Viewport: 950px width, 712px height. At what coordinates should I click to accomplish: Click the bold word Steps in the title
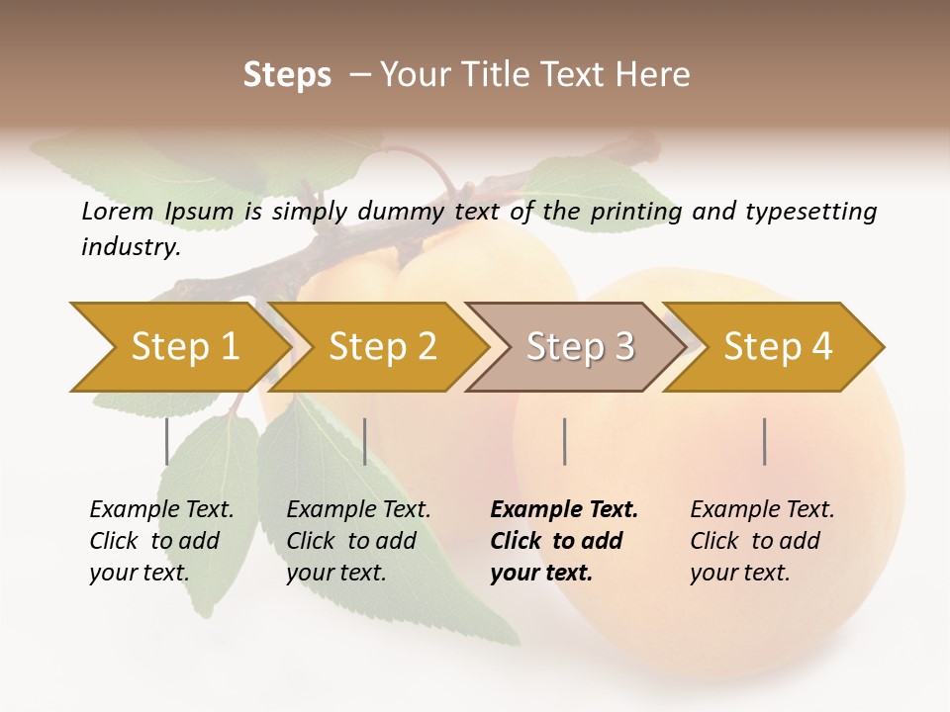click(287, 75)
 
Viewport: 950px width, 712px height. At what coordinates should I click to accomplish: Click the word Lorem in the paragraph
click(118, 212)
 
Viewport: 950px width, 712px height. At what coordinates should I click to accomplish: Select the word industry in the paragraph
click(130, 247)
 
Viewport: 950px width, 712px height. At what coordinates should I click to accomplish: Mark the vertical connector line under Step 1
click(166, 441)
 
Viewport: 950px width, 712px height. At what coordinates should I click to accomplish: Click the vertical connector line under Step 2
click(365, 441)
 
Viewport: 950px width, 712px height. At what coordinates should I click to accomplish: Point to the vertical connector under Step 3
click(564, 441)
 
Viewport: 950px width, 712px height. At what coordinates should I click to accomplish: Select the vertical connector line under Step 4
click(764, 441)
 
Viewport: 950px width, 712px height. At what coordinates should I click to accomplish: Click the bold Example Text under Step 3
click(564, 510)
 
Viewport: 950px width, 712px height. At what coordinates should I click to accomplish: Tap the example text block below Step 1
click(161, 541)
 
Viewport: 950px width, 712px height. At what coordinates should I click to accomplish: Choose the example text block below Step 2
click(358, 541)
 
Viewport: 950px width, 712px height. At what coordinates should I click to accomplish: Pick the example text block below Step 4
click(762, 541)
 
